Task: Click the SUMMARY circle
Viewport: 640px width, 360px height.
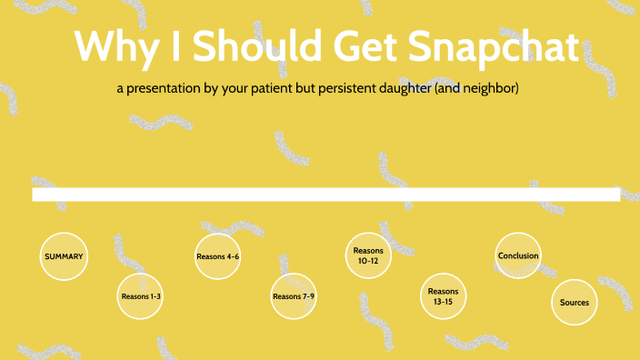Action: tap(64, 256)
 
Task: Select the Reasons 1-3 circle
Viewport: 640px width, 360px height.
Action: tap(141, 296)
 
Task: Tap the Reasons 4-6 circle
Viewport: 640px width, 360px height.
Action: tap(217, 256)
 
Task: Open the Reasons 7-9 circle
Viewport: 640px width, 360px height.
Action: tap(294, 296)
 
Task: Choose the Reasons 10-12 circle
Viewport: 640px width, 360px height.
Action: tap(369, 255)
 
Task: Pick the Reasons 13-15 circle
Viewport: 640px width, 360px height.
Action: tap(445, 295)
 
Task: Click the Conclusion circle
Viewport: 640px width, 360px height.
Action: tap(518, 255)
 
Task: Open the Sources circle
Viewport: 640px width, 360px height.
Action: tap(575, 302)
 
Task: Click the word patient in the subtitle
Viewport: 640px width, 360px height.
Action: tap(269, 90)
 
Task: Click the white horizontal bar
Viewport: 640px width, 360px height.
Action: tap(325, 194)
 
